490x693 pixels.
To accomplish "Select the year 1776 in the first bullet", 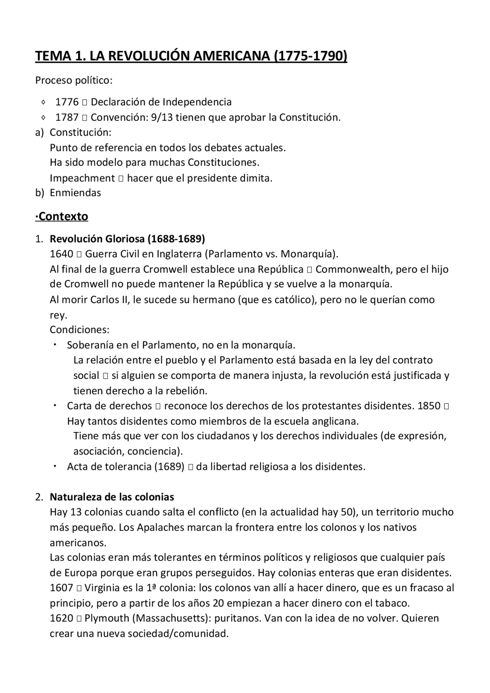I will pyautogui.click(x=67, y=102).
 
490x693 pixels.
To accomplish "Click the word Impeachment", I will pyautogui.click(x=82, y=178).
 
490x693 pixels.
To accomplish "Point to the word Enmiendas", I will pyautogui.click(x=75, y=193).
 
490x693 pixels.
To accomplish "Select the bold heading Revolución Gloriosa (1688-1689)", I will pyautogui.click(x=127, y=239).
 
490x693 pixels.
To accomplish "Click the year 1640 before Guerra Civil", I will pyautogui.click(x=61, y=254).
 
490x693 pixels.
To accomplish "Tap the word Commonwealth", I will pyautogui.click(x=353, y=269).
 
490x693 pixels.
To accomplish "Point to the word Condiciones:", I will pyautogui.click(x=80, y=330).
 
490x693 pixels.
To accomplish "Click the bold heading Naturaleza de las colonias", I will pyautogui.click(x=112, y=497).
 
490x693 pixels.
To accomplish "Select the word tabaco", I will pyautogui.click(x=394, y=603).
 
